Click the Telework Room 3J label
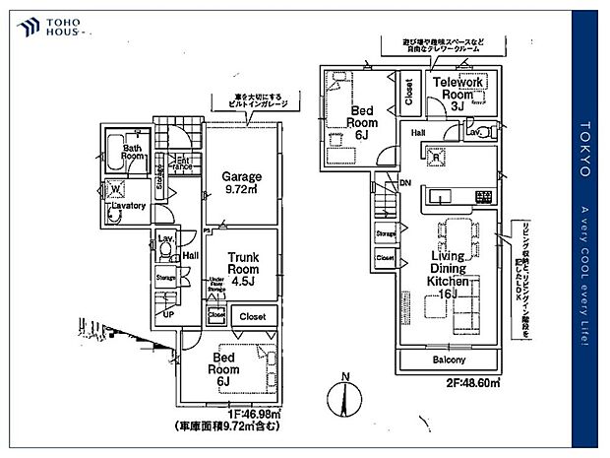457,92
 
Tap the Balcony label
450,360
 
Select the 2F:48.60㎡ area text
471,381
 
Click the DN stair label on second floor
405,182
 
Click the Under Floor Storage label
216,286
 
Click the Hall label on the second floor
417,131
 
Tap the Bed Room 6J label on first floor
223,367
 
